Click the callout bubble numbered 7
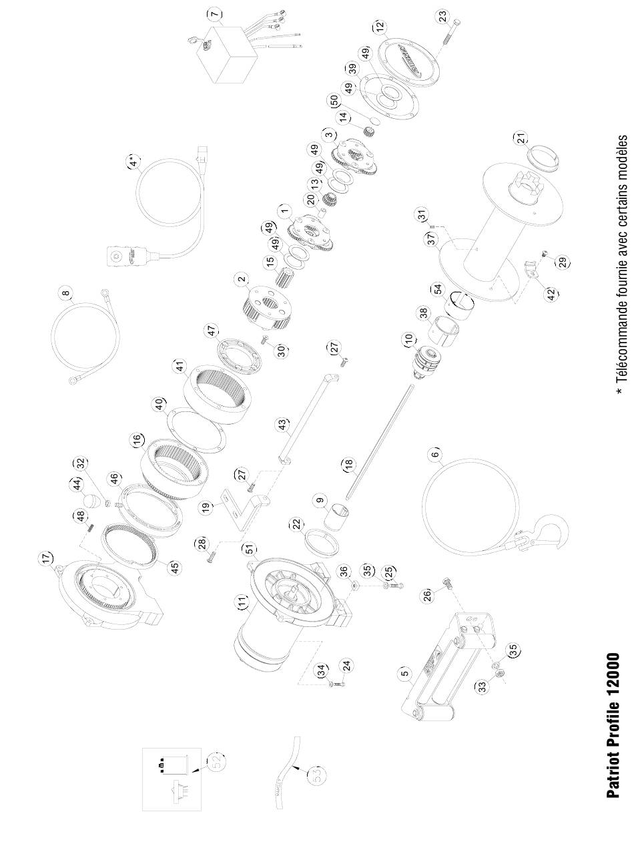[213, 13]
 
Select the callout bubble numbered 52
[218, 761]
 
